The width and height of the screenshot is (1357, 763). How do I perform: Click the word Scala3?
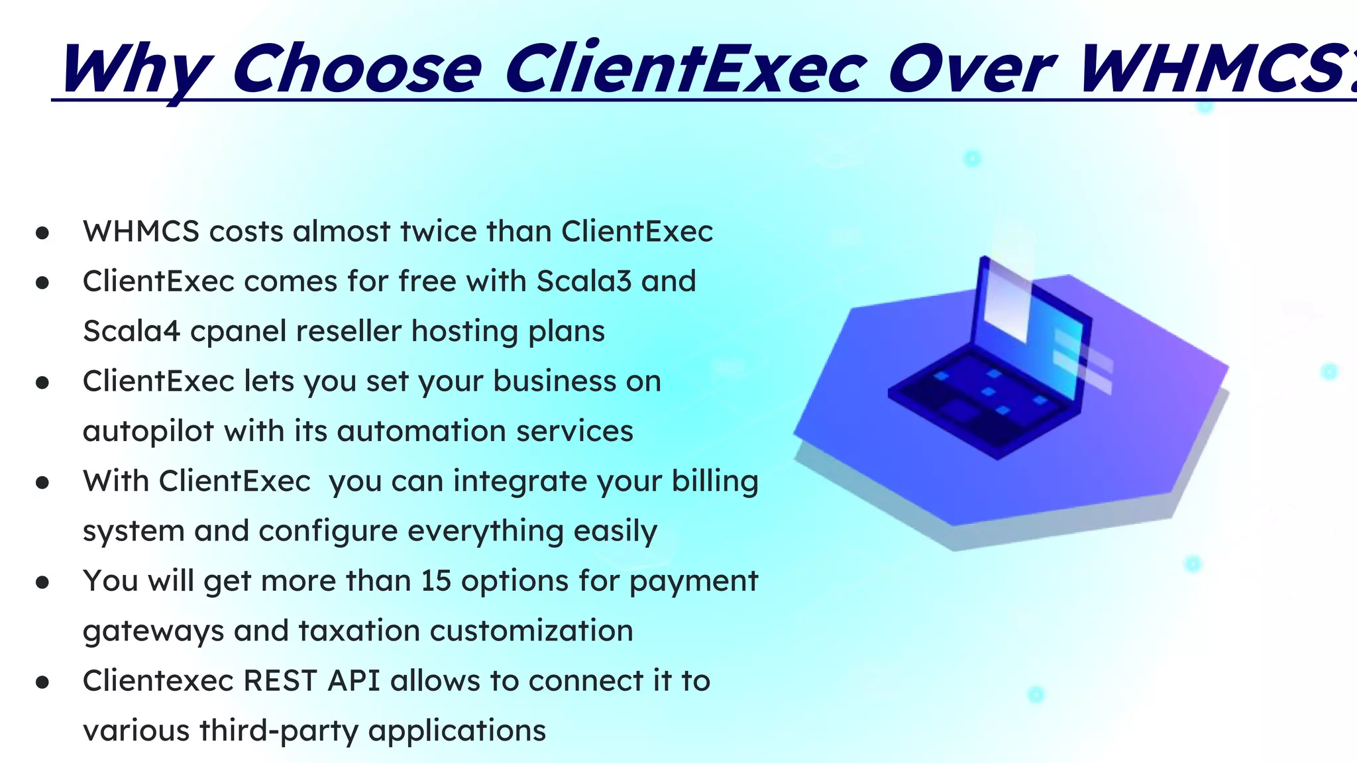click(x=584, y=281)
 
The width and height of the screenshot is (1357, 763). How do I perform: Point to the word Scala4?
click(x=131, y=331)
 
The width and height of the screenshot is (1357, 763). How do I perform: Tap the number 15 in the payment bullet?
click(x=436, y=581)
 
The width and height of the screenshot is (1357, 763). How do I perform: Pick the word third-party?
click(x=279, y=731)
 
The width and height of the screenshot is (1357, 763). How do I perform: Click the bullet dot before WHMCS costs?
click(x=43, y=233)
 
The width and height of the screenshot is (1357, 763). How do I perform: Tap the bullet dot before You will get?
click(x=43, y=582)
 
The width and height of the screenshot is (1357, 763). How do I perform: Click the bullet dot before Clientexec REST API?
click(x=43, y=682)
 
